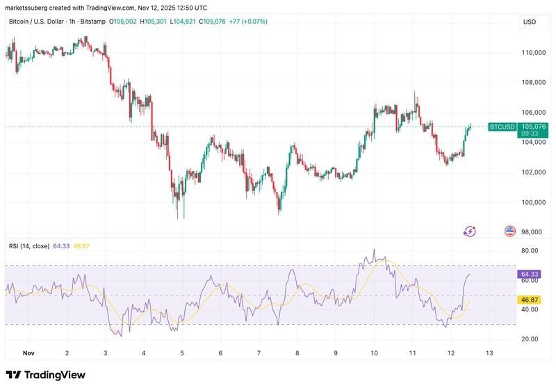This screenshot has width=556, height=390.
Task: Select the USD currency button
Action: click(530, 22)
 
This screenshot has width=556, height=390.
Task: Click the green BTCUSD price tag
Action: click(502, 127)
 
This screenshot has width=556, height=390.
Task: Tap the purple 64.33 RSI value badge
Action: click(530, 275)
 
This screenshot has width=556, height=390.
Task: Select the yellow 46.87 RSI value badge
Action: click(530, 300)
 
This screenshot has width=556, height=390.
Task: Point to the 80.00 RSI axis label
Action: click(530, 251)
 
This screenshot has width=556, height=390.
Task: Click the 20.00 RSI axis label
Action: click(530, 339)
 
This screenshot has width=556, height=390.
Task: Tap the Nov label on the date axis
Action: click(28, 354)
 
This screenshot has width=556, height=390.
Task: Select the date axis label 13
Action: click(489, 354)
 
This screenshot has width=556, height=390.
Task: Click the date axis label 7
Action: click(259, 354)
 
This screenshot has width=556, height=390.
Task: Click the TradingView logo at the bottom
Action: click(46, 375)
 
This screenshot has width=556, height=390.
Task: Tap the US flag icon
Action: click(509, 231)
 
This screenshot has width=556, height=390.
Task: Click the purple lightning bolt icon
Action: click(469, 231)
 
